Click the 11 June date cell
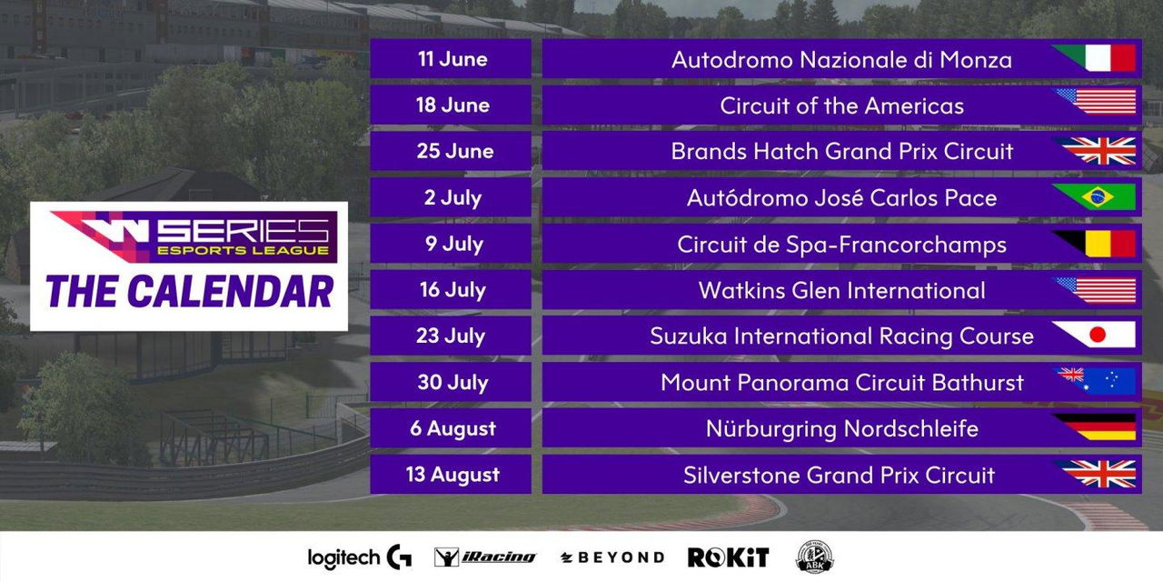coord(451,59)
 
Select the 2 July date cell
coord(451,197)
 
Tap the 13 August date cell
coord(451,475)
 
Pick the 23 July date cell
coord(451,336)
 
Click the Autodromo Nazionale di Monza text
coord(841,60)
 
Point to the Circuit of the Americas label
coord(841,106)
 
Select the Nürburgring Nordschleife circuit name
coord(841,428)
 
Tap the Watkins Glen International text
coord(841,290)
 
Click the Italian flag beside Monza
coord(1096,57)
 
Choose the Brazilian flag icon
coord(1096,197)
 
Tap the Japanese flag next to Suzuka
coord(1096,335)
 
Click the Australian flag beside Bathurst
coord(1097,381)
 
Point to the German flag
coord(1096,427)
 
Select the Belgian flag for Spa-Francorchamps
coord(1096,244)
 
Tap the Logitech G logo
coord(360,557)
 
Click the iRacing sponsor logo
coord(485,557)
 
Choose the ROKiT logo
coord(728,557)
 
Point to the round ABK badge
coord(815,557)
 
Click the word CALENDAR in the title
coord(231,292)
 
